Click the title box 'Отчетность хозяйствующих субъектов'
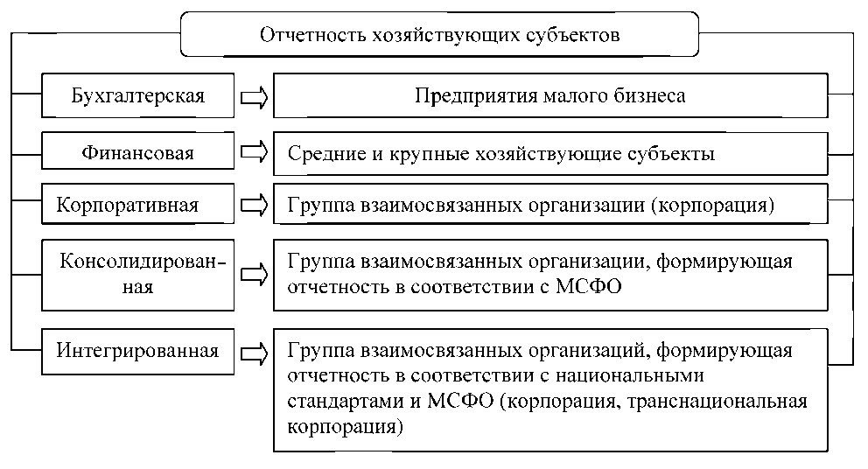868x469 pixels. pyautogui.click(x=439, y=35)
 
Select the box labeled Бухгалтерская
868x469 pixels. pyautogui.click(x=138, y=95)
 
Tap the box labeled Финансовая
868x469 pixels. pyautogui.click(x=138, y=153)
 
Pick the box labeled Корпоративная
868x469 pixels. pyautogui.click(x=138, y=205)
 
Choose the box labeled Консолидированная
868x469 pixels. pyautogui.click(x=138, y=274)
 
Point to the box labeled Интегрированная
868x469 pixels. pyautogui.click(x=138, y=352)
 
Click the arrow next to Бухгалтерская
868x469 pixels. pyautogui.click(x=254, y=96)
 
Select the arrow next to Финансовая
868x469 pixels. pyautogui.click(x=254, y=153)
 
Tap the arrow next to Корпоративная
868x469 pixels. pyautogui.click(x=254, y=205)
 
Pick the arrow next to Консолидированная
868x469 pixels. pyautogui.click(x=254, y=274)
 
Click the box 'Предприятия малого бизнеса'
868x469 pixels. pyautogui.click(x=549, y=95)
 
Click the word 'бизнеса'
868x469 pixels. pyautogui.click(x=651, y=96)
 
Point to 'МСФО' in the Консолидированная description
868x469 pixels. pyautogui.click(x=588, y=284)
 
